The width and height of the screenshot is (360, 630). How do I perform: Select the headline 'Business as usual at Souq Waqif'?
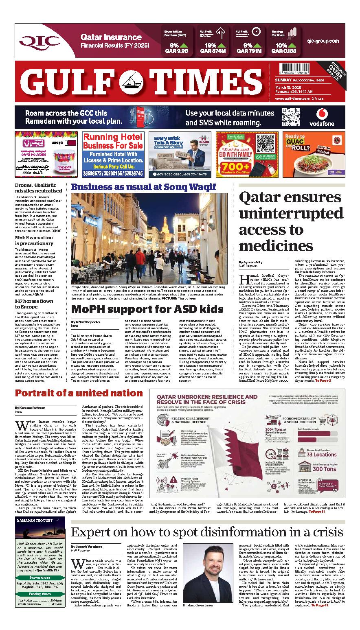pyautogui.click(x=143, y=187)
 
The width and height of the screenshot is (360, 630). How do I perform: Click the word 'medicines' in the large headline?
pyautogui.click(x=276, y=245)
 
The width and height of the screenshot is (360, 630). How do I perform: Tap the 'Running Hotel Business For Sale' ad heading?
pyautogui.click(x=113, y=142)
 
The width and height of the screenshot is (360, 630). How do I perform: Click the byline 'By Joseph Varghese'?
pyautogui.click(x=87, y=547)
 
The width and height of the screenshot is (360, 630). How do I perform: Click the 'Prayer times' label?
pyautogui.click(x=40, y=577)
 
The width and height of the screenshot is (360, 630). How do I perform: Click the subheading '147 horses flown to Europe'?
pyautogui.click(x=34, y=304)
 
